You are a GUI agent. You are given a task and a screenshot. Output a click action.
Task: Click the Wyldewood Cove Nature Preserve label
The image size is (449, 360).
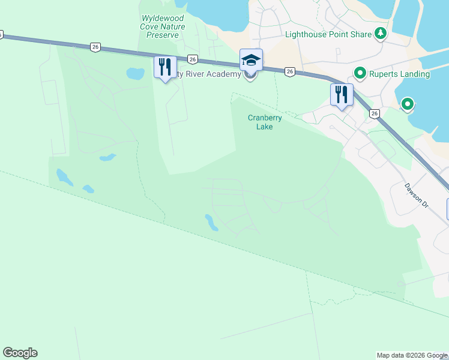coord(162,27)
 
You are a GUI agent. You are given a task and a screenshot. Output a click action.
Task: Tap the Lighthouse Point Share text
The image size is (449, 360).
coord(328,34)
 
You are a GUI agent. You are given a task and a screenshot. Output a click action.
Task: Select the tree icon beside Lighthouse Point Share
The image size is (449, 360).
coord(379,34)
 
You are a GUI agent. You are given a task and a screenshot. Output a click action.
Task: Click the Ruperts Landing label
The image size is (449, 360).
coord(399,74)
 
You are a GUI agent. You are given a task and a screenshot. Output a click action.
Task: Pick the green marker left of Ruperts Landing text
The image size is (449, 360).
coord(360,74)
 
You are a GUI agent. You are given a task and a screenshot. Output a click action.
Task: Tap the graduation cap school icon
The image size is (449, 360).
coord(251,59)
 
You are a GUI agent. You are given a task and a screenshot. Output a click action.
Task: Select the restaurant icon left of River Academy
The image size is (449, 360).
coord(165,66)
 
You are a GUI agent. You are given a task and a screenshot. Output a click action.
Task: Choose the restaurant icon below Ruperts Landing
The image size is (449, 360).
coord(341,94)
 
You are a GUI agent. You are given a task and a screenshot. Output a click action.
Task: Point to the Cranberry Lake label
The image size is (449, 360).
coord(265,122)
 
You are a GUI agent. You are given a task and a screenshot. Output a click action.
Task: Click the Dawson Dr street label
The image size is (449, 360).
coord(415,196)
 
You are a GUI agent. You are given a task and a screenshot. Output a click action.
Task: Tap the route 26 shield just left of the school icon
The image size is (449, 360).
coord(193,59)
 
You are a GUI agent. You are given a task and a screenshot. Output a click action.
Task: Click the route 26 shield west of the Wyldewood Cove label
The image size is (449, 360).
coord(95,47)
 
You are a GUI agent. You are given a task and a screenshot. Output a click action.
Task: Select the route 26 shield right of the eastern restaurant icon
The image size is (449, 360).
coord(375,113)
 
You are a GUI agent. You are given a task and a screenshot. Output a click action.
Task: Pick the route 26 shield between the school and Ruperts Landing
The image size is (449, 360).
coord(290,72)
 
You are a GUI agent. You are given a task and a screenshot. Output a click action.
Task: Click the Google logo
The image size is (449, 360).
coord(20,353)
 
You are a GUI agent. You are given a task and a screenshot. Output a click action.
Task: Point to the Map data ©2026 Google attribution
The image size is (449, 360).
coord(412,355)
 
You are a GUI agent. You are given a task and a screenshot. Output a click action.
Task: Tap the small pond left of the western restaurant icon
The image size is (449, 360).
coord(136,74)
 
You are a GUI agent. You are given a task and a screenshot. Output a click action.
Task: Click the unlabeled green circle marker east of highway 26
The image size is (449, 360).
coord(408,105)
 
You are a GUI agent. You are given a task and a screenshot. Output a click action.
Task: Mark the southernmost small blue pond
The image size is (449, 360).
coord(211,223)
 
